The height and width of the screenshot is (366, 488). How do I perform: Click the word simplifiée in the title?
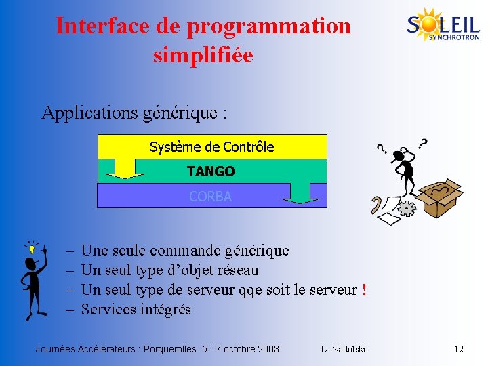pos(203,54)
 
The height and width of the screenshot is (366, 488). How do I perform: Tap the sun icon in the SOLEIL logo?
pos(430,22)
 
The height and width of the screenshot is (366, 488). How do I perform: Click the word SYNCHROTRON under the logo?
pos(453,38)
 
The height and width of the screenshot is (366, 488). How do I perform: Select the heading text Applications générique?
pos(134,113)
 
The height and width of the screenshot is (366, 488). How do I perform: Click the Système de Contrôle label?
pos(211,147)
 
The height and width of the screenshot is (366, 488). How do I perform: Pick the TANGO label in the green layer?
pos(211,171)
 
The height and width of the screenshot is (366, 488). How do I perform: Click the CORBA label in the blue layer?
pos(210,197)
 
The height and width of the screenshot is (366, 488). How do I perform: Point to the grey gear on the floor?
pos(407,207)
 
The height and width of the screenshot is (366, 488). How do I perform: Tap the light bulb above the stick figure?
pos(31,249)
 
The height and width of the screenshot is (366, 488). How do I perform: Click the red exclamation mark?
pos(364,290)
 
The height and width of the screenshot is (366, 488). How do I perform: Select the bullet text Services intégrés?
pos(136,310)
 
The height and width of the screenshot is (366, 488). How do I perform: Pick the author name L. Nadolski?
pos(343,349)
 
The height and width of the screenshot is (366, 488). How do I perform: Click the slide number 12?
pos(459,349)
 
